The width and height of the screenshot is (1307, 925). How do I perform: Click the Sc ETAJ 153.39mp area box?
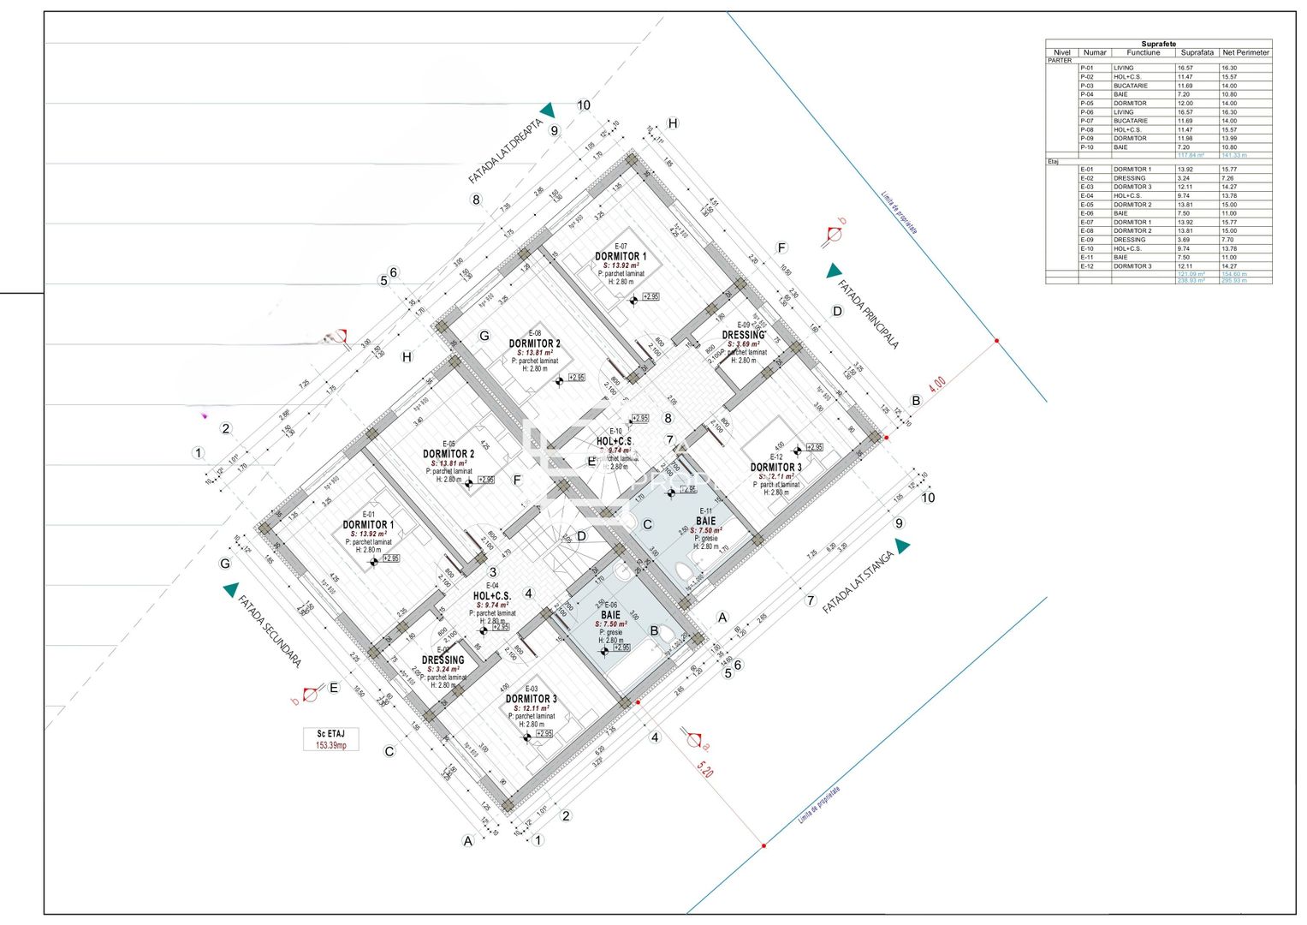[330, 739]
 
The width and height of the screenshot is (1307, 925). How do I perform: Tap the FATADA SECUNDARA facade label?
[270, 631]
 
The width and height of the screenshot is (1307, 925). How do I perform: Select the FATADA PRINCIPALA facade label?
[868, 314]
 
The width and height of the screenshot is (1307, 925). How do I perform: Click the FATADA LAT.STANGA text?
[858, 582]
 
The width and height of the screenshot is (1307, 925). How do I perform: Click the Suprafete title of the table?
[1158, 44]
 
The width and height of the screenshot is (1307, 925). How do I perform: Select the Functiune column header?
[1143, 52]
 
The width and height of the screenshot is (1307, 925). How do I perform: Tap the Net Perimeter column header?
[1245, 52]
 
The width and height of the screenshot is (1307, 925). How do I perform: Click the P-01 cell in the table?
[1086, 68]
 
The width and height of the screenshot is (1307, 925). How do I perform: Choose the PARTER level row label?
[1060, 60]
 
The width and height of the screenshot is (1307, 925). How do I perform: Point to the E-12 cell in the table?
[1086, 266]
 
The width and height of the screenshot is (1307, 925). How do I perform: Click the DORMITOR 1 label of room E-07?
[621, 256]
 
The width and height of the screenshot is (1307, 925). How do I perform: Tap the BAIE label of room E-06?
[610, 615]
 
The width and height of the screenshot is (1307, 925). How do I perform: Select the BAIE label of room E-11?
[705, 521]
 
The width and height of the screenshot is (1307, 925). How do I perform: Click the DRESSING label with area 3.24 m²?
[443, 660]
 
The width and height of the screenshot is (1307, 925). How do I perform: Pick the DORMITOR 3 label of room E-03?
[531, 699]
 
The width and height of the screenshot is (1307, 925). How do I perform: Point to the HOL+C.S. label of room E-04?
[492, 595]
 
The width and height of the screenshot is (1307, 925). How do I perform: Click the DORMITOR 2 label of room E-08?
[534, 343]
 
